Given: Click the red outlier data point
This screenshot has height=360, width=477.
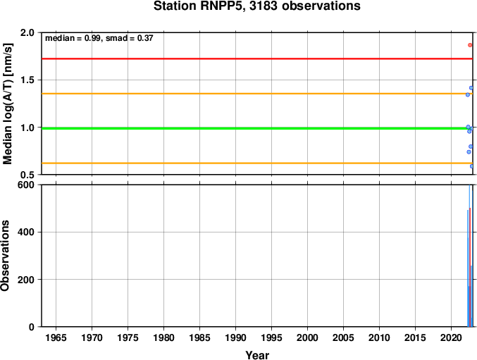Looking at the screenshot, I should pos(470,45).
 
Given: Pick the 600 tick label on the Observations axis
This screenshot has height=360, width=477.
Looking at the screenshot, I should pos(26,185).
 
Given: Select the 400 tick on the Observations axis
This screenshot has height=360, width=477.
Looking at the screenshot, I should pos(26,232).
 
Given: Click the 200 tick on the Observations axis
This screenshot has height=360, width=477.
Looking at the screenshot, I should pos(26,279).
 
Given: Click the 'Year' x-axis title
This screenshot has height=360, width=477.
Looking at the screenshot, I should pos(257,355).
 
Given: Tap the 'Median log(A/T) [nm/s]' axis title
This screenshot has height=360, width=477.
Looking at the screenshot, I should pos(8,104).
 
